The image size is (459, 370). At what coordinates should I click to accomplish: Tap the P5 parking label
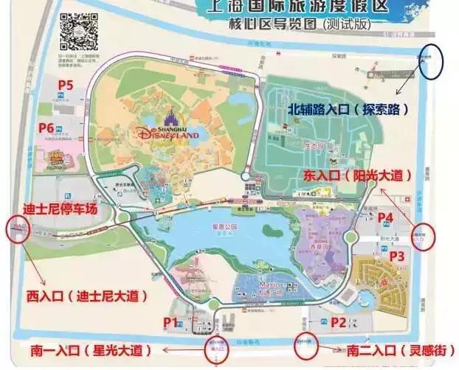click(x=66, y=85)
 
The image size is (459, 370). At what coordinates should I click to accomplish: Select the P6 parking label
click(x=46, y=128)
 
